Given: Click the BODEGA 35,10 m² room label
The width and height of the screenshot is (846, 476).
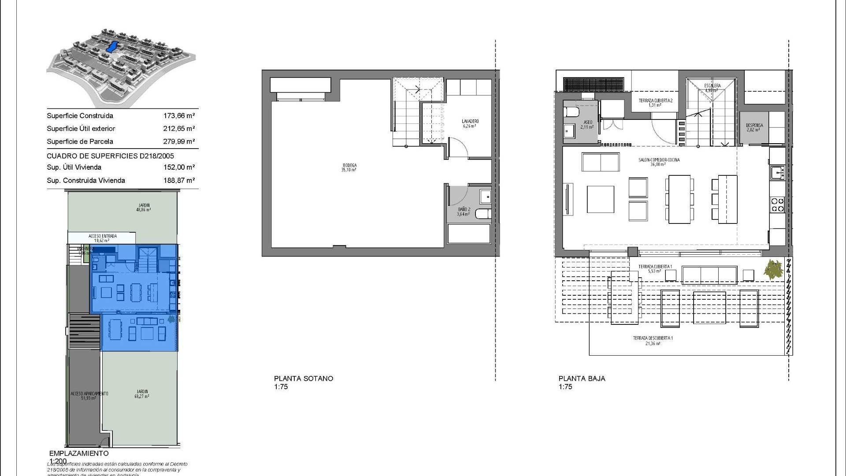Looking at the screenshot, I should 349,167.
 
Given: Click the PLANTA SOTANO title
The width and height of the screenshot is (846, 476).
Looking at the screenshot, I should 304,378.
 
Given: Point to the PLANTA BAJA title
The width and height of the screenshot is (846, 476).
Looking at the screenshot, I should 582,378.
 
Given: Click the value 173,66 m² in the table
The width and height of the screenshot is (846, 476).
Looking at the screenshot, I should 179,116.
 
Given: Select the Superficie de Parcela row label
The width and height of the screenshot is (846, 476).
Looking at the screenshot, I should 80,141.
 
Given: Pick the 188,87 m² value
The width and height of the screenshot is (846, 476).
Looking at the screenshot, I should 179,180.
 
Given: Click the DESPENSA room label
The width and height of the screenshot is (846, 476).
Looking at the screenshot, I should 754,127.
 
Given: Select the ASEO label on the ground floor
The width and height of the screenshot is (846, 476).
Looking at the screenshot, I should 587,124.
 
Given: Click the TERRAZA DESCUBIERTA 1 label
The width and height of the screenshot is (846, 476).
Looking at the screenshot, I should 653,340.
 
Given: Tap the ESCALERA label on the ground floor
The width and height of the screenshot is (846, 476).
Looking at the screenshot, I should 712,87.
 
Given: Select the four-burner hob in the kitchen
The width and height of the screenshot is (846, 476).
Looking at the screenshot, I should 777,205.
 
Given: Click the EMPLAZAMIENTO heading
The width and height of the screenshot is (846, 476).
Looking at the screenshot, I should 79,453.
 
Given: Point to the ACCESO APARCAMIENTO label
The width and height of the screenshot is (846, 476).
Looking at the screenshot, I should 89,395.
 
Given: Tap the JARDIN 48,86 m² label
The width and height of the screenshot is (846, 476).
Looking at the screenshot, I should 143,207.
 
